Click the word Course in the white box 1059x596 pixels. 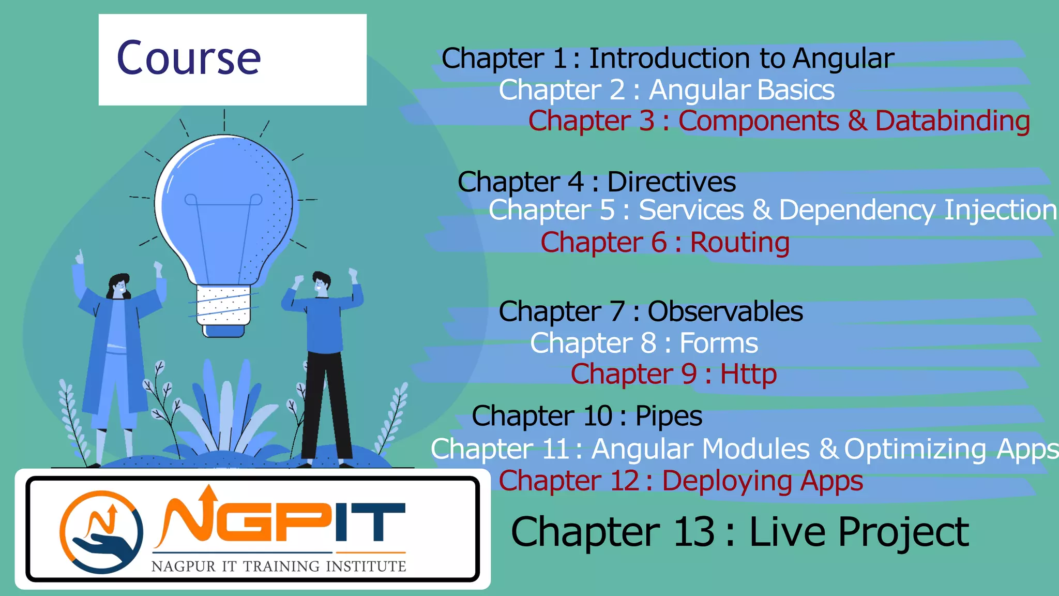[x=189, y=58]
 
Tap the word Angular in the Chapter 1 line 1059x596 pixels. [x=843, y=58]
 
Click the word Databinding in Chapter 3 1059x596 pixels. [x=952, y=121]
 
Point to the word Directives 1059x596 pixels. [x=671, y=182]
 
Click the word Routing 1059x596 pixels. [x=740, y=243]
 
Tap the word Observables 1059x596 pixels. [x=725, y=311]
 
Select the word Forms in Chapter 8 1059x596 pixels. [x=719, y=343]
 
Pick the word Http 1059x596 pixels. [x=748, y=374]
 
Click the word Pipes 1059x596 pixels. [x=669, y=416]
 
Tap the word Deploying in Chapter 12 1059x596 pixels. [x=727, y=481]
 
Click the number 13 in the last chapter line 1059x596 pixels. [x=694, y=532]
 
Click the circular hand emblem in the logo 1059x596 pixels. [x=101, y=532]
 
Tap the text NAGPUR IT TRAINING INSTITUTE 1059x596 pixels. [x=279, y=567]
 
